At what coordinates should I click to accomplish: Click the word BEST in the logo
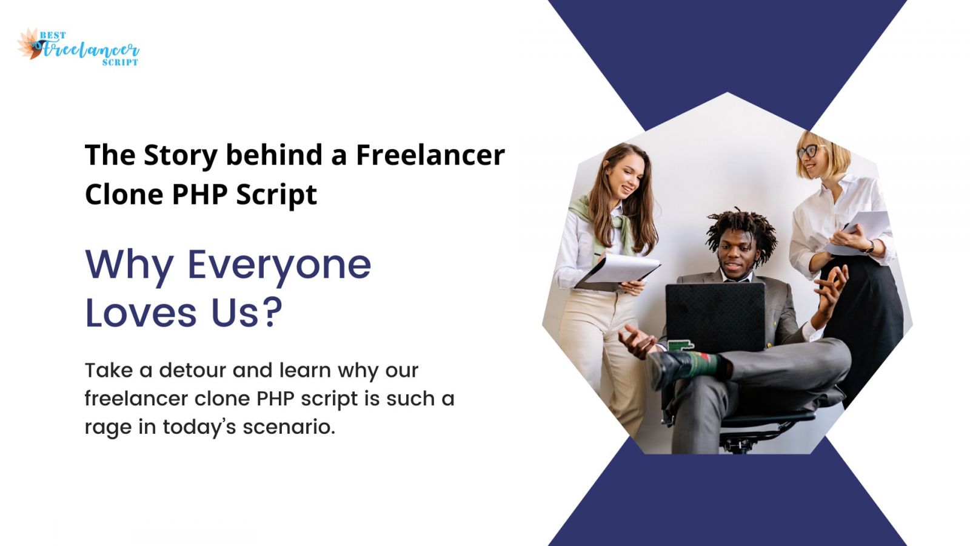(53, 35)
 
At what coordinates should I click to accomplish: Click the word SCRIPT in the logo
(120, 62)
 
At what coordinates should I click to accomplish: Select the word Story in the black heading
(180, 155)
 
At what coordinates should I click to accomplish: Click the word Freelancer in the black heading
(430, 155)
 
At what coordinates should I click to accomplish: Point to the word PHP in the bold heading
(199, 194)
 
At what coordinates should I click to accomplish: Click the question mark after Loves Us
(273, 311)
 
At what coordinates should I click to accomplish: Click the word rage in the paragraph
(108, 428)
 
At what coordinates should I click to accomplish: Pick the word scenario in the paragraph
(289, 426)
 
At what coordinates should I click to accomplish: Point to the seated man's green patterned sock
(701, 363)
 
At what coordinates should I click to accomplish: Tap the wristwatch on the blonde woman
(869, 247)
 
